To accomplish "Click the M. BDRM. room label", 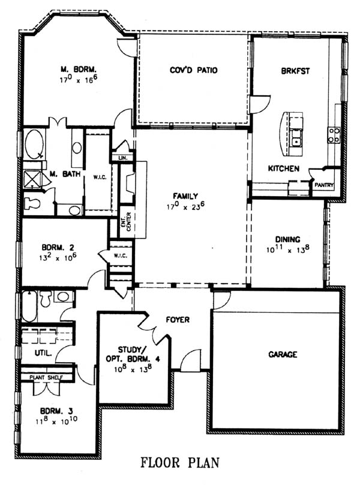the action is (79, 69).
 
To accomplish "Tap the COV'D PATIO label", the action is (193, 70).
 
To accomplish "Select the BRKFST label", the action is (295, 71).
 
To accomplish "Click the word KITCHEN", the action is (284, 168).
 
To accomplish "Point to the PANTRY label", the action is (324, 185).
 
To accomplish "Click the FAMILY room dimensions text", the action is (186, 206).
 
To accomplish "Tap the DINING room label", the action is (288, 239).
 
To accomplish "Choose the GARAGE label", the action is (283, 354).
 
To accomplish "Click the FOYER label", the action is (178, 320).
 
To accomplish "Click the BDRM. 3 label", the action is (56, 411).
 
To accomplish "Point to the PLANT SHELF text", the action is (46, 377).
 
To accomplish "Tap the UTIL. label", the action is (43, 353).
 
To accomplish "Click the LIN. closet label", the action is (122, 158).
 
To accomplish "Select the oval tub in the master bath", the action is (34, 144).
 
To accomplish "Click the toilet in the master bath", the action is (32, 203).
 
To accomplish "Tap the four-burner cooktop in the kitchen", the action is (334, 135).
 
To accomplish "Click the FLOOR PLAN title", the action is (180, 463).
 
